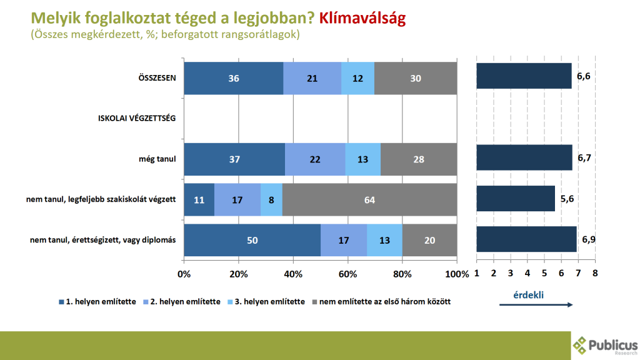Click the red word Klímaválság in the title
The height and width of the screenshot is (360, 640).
pyautogui.click(x=362, y=18)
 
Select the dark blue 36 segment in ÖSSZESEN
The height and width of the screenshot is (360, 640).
pyautogui.click(x=234, y=78)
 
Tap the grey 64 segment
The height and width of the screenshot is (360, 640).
pyautogui.click(x=369, y=200)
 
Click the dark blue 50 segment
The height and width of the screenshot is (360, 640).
pyautogui.click(x=252, y=240)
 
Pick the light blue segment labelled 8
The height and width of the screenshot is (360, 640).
pyautogui.click(x=271, y=200)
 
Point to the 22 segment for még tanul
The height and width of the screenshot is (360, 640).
pyautogui.click(x=315, y=159)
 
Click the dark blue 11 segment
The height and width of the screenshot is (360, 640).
pyautogui.click(x=199, y=200)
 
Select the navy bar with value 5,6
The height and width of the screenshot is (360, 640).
pyautogui.click(x=515, y=198)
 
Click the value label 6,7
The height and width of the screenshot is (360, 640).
pyautogui.click(x=584, y=158)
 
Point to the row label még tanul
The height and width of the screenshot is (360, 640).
pyautogui.click(x=157, y=159)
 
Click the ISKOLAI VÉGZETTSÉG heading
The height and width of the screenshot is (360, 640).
pyautogui.click(x=137, y=118)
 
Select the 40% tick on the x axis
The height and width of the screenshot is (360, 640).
pyautogui.click(x=293, y=274)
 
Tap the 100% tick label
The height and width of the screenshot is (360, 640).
pyautogui.click(x=456, y=274)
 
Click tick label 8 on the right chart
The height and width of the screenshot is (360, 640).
pyautogui.click(x=594, y=273)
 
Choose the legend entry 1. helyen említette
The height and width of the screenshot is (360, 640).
pyautogui.click(x=102, y=301)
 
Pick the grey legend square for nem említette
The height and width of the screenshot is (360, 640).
pyautogui.click(x=314, y=302)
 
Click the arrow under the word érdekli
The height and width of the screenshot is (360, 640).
pyautogui.click(x=536, y=304)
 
